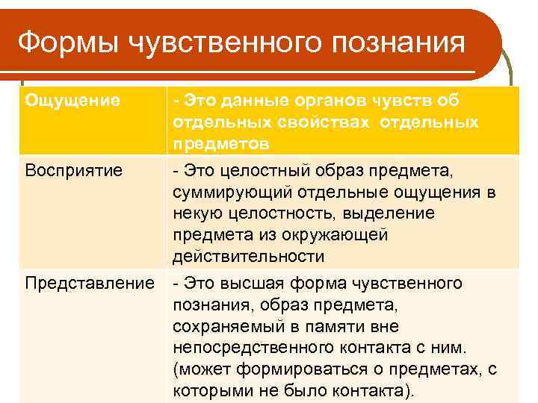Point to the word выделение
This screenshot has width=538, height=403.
[x=399, y=213]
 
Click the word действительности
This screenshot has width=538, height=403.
[x=248, y=256]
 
